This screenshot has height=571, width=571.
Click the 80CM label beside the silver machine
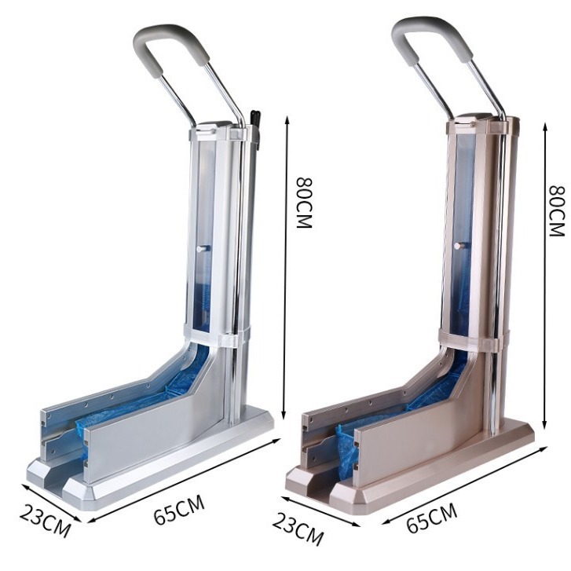[x=305, y=203]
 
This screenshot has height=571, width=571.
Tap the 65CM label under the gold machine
[x=431, y=518]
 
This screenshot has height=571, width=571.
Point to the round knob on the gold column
[x=460, y=245]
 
